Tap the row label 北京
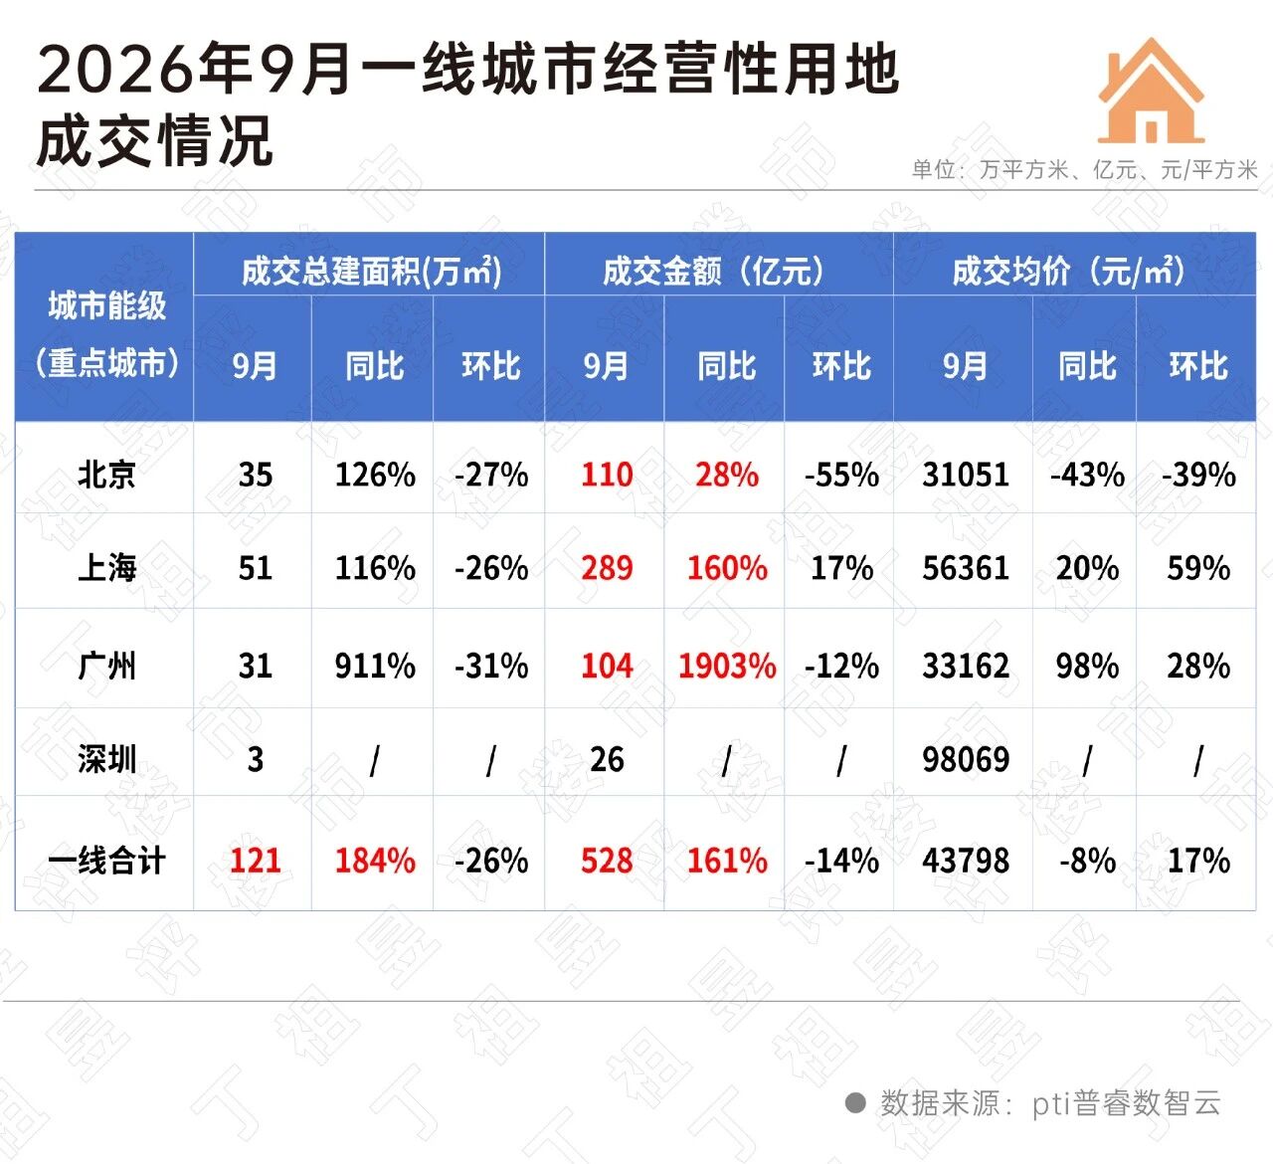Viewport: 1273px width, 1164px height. pyautogui.click(x=106, y=475)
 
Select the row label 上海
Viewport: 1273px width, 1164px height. pyautogui.click(x=106, y=568)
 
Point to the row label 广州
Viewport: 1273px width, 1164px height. pyautogui.click(x=106, y=666)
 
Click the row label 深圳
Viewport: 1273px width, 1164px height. pyautogui.click(x=106, y=759)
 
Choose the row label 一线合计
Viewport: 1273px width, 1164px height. pyautogui.click(x=106, y=861)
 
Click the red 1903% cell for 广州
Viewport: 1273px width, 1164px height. pyautogui.click(x=727, y=666)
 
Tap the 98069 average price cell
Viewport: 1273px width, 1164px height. pyautogui.click(x=966, y=759)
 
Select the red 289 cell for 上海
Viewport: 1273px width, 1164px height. pyautogui.click(x=607, y=568)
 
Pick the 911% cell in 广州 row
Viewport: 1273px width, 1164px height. pyautogui.click(x=375, y=666)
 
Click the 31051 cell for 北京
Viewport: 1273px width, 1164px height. pyautogui.click(x=966, y=475)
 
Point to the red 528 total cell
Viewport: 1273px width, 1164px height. pyautogui.click(x=607, y=861)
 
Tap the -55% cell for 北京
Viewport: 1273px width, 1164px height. pyautogui.click(x=841, y=475)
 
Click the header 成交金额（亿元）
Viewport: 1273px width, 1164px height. pyautogui.click(x=713, y=272)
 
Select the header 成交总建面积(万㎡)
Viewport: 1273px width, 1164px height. pyautogui.click(x=371, y=272)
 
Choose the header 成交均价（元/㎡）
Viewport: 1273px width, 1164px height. pyautogui.click(x=1069, y=272)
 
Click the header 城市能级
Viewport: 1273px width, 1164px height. pyautogui.click(x=106, y=305)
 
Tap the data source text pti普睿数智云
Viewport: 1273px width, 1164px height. pyautogui.click(x=1127, y=1102)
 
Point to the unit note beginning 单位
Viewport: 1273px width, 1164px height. pyautogui.click(x=1084, y=169)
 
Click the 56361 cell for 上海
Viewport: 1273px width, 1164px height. pyautogui.click(x=966, y=568)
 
